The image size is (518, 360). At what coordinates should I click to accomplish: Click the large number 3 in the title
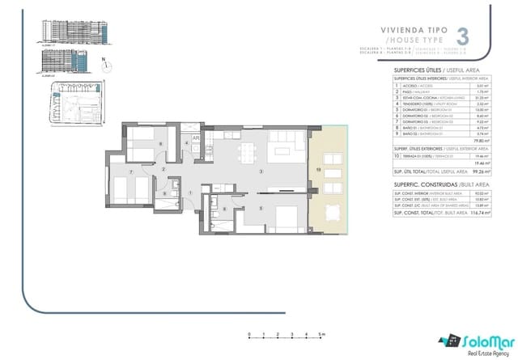(463, 36)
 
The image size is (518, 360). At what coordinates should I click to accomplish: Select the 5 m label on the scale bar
(321, 332)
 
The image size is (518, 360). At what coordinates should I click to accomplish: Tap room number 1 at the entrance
(190, 192)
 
